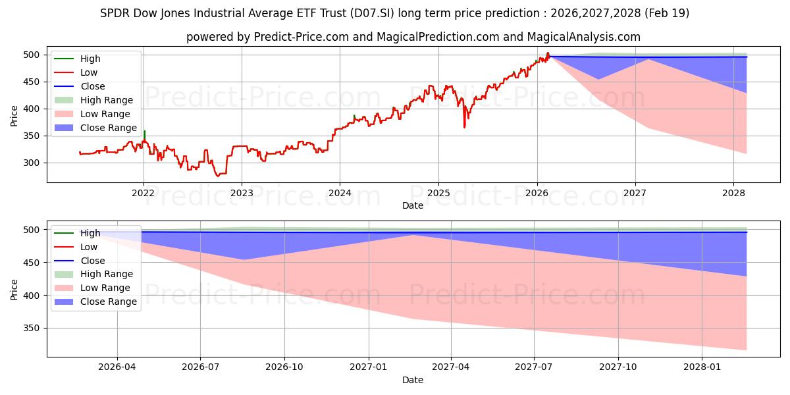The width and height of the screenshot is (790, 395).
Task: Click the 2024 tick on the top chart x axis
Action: coord(340,194)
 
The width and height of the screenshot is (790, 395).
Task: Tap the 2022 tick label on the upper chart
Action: coord(143,194)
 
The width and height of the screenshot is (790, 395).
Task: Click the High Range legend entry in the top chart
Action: coord(106,100)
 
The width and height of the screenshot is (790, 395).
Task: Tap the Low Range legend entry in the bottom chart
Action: coord(105,288)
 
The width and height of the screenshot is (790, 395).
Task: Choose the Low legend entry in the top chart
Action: coord(89,72)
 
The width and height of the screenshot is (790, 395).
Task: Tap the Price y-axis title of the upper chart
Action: coord(14,116)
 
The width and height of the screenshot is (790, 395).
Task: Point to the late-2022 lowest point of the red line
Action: coord(218,176)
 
